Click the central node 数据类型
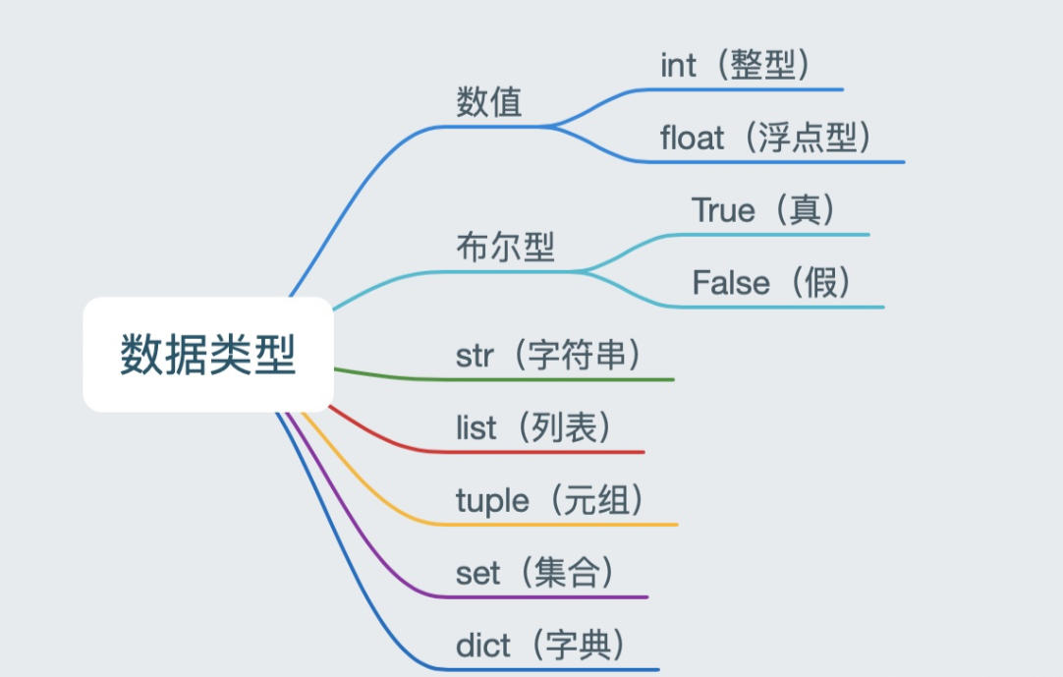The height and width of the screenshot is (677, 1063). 208,355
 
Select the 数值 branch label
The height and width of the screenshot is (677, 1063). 489,102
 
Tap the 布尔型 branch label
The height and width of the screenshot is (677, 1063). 505,247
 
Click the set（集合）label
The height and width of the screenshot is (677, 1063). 537,573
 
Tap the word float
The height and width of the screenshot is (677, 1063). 692,139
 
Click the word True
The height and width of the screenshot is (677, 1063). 723,210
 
